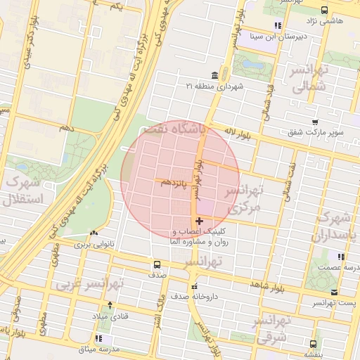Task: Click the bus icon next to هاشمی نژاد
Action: pyautogui.click(x=324, y=10)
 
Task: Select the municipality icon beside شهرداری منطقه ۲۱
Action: pyautogui.click(x=213, y=76)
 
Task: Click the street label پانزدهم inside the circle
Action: pyautogui.click(x=175, y=182)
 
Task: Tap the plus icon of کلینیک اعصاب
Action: pyautogui.click(x=199, y=221)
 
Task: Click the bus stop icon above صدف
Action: pyautogui.click(x=156, y=265)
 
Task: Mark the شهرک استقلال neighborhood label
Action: pyautogui.click(x=23, y=190)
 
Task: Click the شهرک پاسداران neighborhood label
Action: pyautogui.click(x=337, y=226)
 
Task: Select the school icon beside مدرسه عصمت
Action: pyautogui.click(x=341, y=257)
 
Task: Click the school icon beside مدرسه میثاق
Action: pyautogui.click(x=97, y=339)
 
